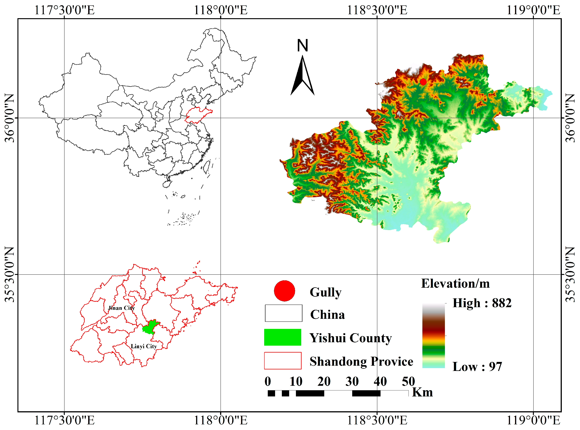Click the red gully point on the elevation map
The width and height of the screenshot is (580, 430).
click(423, 82)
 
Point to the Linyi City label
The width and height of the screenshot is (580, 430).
click(144, 346)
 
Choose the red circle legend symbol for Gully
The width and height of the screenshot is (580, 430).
click(284, 291)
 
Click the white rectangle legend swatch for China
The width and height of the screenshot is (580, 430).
click(283, 313)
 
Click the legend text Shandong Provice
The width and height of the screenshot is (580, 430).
click(361, 361)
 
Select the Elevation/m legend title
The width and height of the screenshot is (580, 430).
click(455, 284)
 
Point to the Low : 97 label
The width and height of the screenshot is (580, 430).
click(477, 366)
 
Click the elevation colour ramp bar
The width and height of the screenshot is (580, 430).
click(433, 336)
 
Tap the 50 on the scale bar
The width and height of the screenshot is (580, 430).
click(408, 382)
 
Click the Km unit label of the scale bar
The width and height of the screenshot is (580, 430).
click(422, 392)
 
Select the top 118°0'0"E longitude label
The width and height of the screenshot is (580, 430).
click(221, 11)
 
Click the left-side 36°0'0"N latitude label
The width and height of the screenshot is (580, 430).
click(10, 118)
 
